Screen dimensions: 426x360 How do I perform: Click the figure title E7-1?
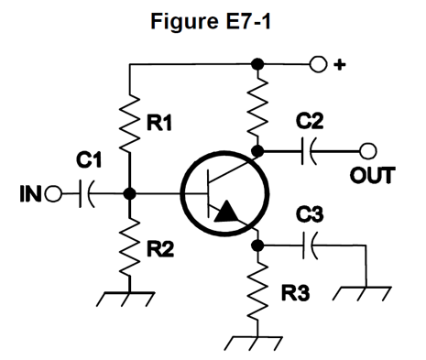coord(211,21)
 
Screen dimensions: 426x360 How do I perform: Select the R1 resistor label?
coord(159,123)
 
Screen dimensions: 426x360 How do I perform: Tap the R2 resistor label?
coord(160,248)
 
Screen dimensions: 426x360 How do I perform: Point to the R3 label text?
coord(295,293)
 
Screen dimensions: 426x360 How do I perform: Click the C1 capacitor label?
coord(89,160)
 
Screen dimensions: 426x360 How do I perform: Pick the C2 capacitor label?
coord(310,121)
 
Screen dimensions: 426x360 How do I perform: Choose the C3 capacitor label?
coord(310,214)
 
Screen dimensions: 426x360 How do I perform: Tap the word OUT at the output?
coord(372,176)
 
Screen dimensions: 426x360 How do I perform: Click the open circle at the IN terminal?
coord(53,194)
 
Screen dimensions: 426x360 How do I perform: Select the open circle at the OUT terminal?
coord(367,151)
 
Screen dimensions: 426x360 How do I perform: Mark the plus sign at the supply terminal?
coord(339,65)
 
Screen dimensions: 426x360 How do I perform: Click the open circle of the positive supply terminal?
coord(318,64)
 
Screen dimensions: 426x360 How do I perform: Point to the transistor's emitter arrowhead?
coord(226,212)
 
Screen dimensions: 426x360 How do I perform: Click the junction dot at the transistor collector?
coord(258,151)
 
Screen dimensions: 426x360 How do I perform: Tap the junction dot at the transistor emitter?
coord(258,245)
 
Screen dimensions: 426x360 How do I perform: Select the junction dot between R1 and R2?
coord(130,194)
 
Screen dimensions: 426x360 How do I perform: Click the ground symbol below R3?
coord(253,344)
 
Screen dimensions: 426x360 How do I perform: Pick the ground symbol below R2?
coord(126,299)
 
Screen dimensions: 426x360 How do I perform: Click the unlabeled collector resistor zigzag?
coord(258,107)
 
